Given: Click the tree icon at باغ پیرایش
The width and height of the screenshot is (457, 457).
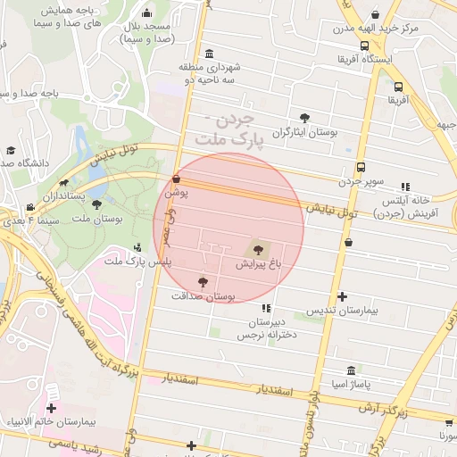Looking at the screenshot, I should click(x=259, y=250).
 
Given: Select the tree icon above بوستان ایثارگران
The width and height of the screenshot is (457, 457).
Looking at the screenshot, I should click(x=305, y=118).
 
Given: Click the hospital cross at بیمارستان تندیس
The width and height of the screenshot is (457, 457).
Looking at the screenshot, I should click(x=342, y=297).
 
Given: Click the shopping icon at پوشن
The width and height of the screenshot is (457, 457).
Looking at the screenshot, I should click(x=176, y=179).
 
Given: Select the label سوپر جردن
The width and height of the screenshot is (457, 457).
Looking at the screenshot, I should click(x=360, y=182).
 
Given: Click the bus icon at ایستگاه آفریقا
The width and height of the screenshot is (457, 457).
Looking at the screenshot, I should click(x=364, y=46).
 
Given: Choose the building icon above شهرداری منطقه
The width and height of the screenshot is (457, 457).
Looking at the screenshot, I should click(x=209, y=53).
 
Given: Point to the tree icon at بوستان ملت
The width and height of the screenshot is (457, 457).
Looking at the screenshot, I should click(x=96, y=204).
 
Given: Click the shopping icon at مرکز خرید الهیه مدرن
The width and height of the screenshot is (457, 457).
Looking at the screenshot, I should click(x=375, y=14).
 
